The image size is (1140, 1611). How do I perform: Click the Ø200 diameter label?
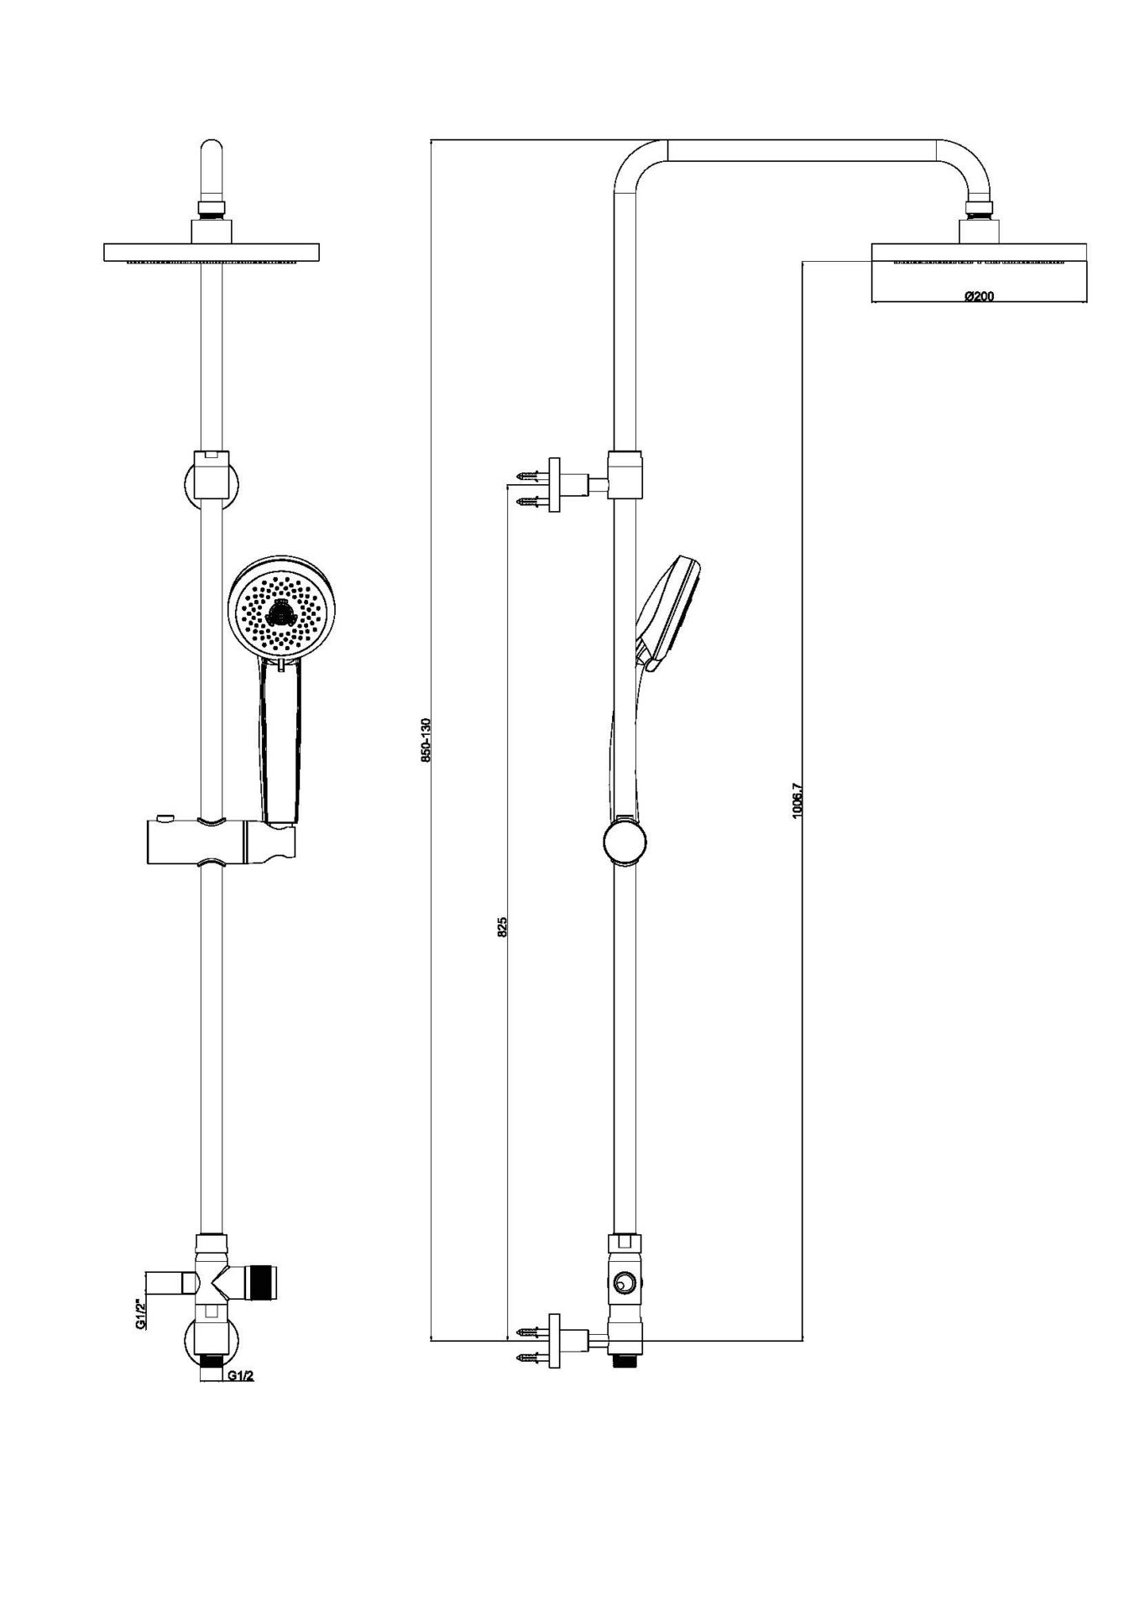[x=979, y=296]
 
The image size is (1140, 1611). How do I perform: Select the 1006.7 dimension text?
[x=797, y=800]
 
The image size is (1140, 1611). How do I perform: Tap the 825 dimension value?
[x=503, y=927]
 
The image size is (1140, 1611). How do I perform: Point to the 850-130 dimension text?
[x=426, y=739]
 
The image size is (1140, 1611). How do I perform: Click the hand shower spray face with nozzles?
[x=281, y=610]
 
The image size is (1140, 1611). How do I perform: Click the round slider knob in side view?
[x=625, y=841]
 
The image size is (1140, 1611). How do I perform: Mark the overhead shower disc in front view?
[x=211, y=253]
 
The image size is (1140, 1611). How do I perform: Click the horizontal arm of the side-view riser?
[x=802, y=149]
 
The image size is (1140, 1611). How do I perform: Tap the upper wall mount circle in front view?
[x=211, y=482]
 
